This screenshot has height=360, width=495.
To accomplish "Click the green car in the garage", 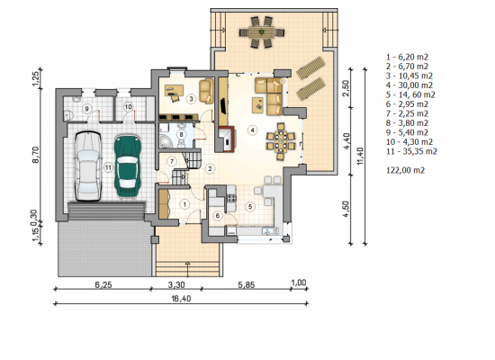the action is [x=128, y=166].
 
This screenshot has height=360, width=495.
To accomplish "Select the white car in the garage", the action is [x=88, y=166].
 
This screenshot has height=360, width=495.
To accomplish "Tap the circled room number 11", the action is [x=108, y=167].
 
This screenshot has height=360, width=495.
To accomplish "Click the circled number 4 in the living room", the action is [x=252, y=130].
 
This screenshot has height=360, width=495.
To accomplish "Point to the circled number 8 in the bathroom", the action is [x=181, y=134].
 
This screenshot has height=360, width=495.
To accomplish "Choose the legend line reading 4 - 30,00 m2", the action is [x=409, y=85].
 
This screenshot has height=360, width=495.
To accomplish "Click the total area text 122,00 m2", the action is [x=405, y=170].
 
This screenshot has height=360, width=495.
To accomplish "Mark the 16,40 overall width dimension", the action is [x=181, y=299].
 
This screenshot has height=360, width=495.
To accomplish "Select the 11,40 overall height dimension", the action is [x=361, y=156].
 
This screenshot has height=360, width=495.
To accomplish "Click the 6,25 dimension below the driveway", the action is [x=103, y=284].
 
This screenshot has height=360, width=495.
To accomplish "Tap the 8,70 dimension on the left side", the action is [x=35, y=155].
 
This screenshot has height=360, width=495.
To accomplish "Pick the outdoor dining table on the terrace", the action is [x=262, y=31].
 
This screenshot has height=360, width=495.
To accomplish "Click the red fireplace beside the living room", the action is [x=227, y=139].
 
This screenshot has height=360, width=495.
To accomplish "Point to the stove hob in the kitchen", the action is [x=231, y=198].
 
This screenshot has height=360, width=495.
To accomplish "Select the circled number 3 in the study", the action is [x=191, y=98].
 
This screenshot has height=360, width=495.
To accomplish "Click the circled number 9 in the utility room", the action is [x=86, y=109].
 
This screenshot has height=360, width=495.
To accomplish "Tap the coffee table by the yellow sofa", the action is [x=257, y=105].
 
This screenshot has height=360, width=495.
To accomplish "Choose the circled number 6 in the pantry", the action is [x=218, y=216].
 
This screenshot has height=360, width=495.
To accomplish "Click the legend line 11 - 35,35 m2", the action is [x=411, y=151].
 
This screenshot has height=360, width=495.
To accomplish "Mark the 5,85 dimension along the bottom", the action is [x=247, y=284].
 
